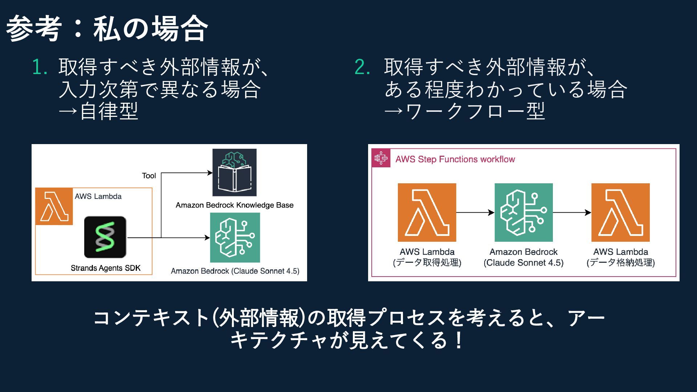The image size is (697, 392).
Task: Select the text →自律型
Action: pyautogui.click(x=98, y=111)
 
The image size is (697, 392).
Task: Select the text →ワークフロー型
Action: pyautogui.click(x=464, y=111)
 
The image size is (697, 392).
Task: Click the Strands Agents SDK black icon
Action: pyautogui.click(x=105, y=237)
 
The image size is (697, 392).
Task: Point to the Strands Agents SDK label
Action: pyautogui.click(x=105, y=268)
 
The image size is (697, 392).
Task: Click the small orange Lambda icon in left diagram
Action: pyautogui.click(x=54, y=207)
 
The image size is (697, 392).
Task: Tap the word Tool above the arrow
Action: pyautogui.click(x=149, y=176)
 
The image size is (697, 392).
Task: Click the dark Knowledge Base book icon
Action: pyautogui.click(x=235, y=172)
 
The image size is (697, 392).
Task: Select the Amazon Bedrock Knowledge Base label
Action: pyautogui.click(x=235, y=205)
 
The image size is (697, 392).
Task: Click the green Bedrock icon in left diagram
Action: pyautogui.click(x=235, y=237)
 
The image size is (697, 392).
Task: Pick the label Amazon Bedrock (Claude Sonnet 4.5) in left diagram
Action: pyautogui.click(x=235, y=271)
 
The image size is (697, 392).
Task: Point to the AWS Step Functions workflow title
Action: pyautogui.click(x=455, y=159)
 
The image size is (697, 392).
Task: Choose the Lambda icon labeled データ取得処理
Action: pyautogui.click(x=427, y=212)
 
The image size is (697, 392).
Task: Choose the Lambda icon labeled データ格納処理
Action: pyautogui.click(x=620, y=212)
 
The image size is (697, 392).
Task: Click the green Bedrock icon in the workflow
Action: pyautogui.click(x=523, y=212)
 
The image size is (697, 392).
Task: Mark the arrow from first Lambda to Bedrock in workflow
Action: pyautogui.click(x=475, y=212)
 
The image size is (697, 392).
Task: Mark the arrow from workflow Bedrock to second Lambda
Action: pyautogui.click(x=572, y=212)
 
